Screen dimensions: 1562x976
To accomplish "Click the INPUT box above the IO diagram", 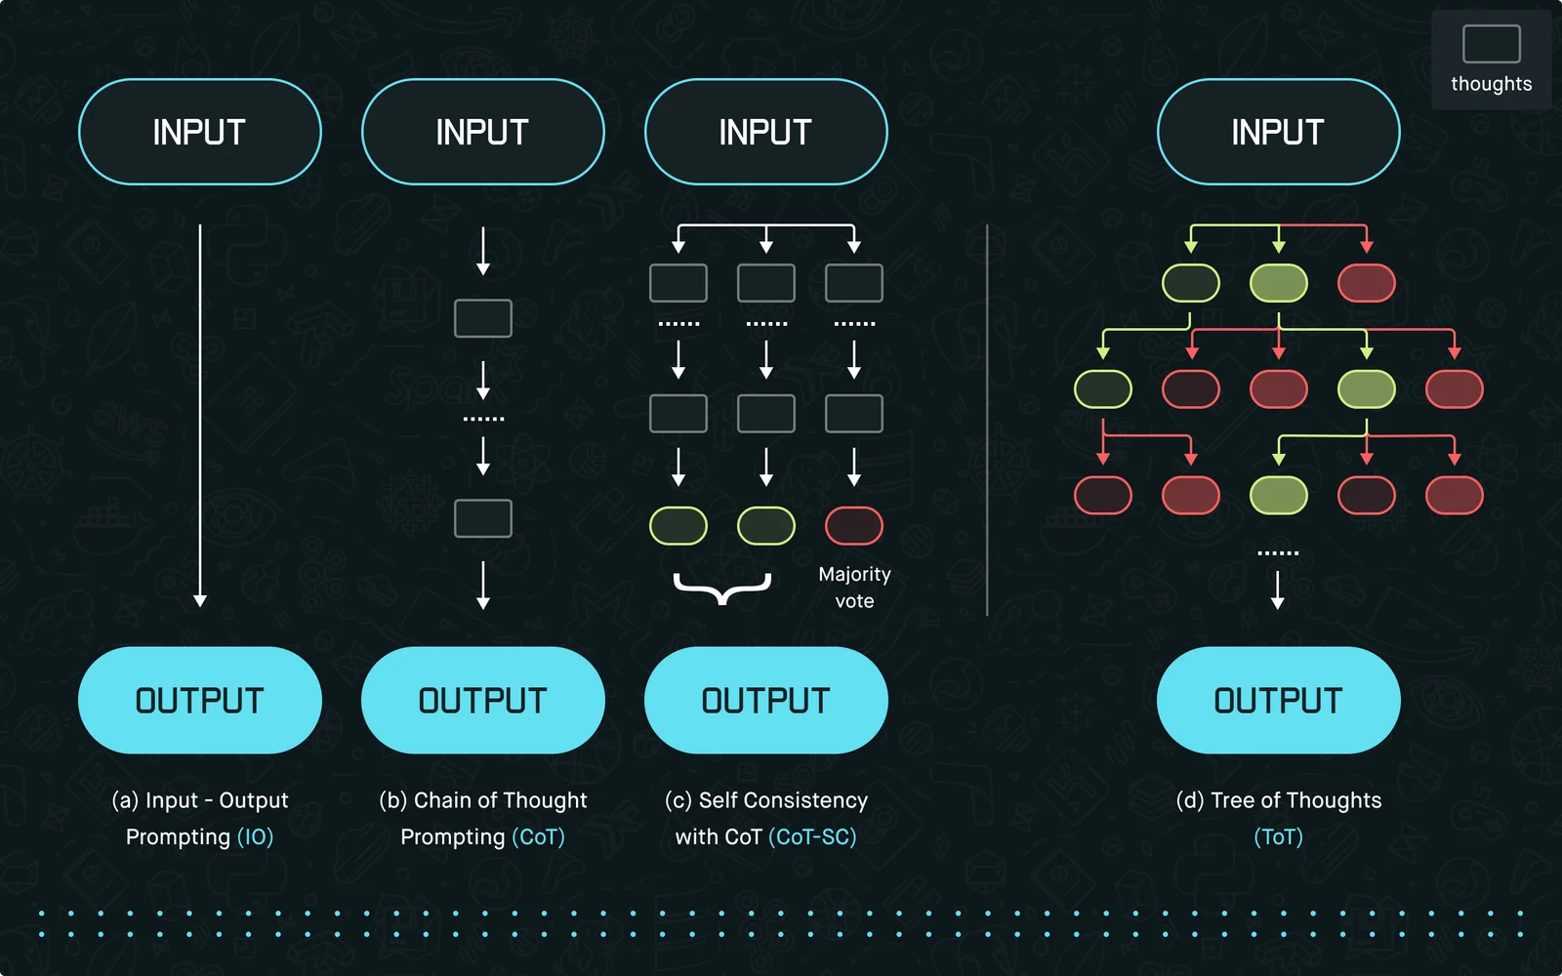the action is coord(200,132).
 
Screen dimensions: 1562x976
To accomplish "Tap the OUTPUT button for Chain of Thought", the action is coord(482,700).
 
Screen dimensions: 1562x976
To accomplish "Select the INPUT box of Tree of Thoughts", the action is coord(1278,132).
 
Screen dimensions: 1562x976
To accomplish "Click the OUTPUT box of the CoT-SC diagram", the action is coord(765,700).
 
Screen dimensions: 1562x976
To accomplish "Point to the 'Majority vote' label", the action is coord(854,587).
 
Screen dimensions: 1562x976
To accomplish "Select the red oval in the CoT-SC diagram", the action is coord(853,526).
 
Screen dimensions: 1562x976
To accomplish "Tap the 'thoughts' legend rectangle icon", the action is coord(1492,44).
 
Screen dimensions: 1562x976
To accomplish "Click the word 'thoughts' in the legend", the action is coord(1492,84).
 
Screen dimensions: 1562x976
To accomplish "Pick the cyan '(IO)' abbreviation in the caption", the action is coord(255,836).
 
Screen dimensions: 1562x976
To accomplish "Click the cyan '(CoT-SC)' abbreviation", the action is coord(812,836).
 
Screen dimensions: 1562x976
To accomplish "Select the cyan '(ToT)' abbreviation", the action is coord(1278,836).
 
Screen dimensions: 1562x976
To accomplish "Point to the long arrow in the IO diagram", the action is coord(200,416).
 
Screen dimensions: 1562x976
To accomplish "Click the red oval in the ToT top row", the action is coord(1366,283).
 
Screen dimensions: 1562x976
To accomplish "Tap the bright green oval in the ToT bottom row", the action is coord(1278,495).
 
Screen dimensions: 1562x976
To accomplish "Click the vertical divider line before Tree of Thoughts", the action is coord(987,420).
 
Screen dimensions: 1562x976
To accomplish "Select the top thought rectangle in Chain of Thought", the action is coord(482,318).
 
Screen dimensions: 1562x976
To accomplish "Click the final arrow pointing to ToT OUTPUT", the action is coord(1278,590).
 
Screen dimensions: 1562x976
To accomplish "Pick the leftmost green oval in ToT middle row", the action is coord(1102,389).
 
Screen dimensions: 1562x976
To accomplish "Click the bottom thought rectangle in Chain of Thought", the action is coord(482,518).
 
